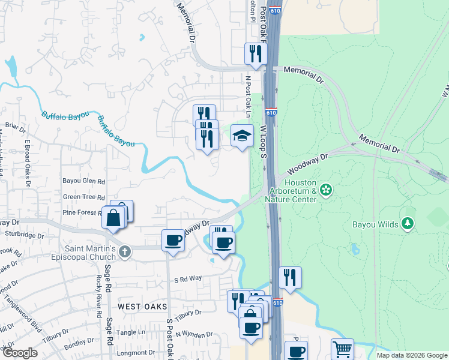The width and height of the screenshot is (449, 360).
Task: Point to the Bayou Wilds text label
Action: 376,224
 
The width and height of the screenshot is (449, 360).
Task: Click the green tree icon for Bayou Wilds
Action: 408,224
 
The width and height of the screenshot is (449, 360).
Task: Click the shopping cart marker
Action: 342,349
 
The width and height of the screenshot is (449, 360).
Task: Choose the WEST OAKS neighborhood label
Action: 142,306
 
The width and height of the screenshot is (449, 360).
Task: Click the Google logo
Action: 19,352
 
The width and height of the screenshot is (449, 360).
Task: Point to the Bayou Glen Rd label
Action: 84,181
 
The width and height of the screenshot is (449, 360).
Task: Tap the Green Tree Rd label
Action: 84,197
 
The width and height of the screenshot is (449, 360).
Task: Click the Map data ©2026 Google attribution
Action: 411,355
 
